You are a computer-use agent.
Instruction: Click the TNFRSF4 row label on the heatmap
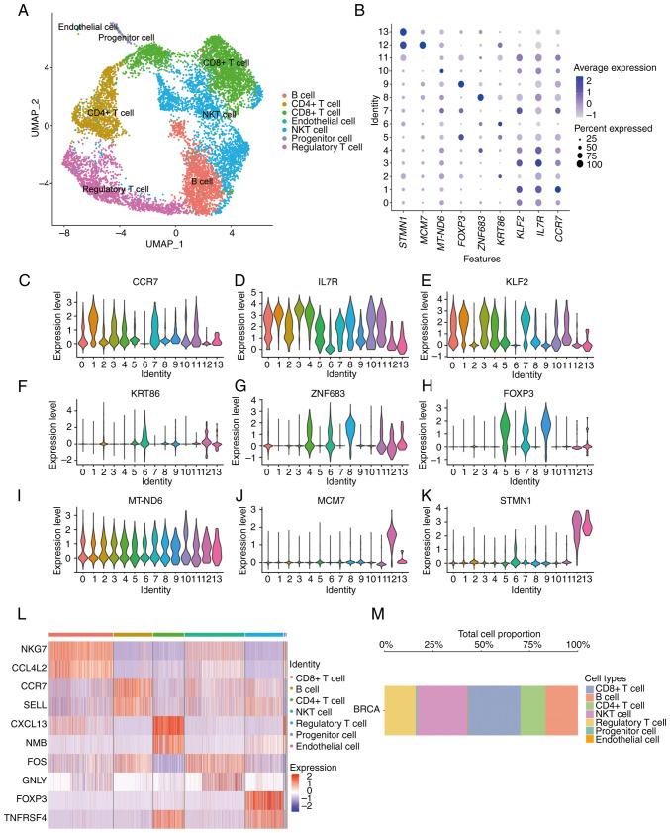[x=24, y=814]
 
